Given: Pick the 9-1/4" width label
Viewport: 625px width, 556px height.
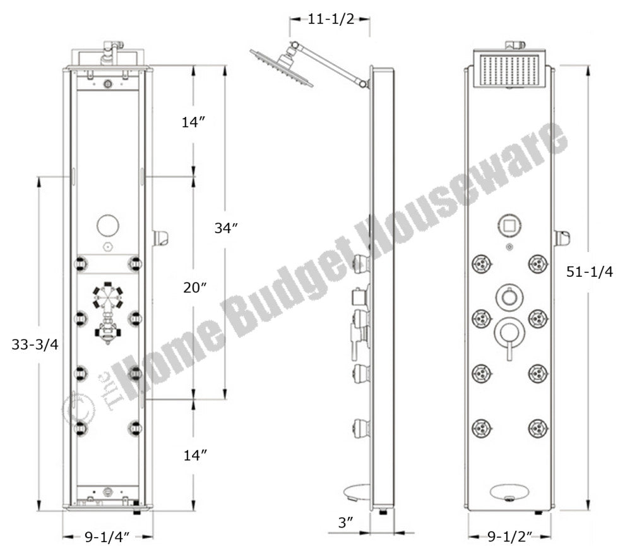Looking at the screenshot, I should click(x=107, y=538).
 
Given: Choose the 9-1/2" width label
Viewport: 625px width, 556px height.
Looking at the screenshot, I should click(x=509, y=538).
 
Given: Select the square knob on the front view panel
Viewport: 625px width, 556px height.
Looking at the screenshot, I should click(x=509, y=224).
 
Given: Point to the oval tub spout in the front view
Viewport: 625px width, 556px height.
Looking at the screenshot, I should click(x=509, y=492).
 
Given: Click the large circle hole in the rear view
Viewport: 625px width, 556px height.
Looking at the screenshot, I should click(x=109, y=226).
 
